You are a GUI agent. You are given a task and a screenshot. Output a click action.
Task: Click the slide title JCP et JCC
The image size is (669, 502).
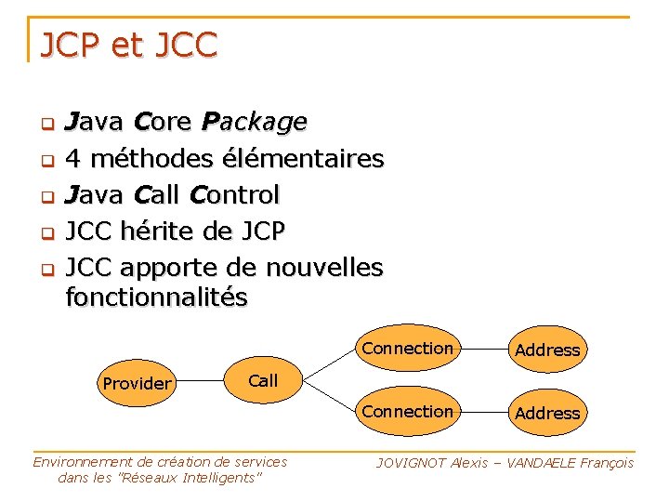(x=128, y=45)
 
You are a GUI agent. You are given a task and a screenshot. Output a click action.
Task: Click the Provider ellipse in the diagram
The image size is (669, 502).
(x=137, y=383)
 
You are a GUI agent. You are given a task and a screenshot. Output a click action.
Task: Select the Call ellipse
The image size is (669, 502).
(x=263, y=380)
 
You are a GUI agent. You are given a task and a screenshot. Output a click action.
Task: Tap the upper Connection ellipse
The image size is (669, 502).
(x=408, y=349)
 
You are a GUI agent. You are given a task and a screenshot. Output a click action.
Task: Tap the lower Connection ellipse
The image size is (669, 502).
(x=408, y=412)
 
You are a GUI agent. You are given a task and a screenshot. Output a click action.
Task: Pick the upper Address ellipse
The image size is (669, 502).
(x=547, y=350)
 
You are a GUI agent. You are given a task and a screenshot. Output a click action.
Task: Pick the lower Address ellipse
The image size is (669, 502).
(x=547, y=413)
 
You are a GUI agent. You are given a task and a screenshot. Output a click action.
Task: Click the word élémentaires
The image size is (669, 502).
(x=302, y=159)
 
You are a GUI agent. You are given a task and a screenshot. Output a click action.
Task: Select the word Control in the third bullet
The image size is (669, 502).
(x=234, y=195)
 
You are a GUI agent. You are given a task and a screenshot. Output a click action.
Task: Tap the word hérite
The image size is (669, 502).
(x=153, y=231)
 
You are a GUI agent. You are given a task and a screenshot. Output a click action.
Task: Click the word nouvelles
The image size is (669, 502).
(x=324, y=268)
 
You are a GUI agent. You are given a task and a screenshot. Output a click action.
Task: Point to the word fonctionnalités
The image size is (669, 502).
(x=157, y=297)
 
